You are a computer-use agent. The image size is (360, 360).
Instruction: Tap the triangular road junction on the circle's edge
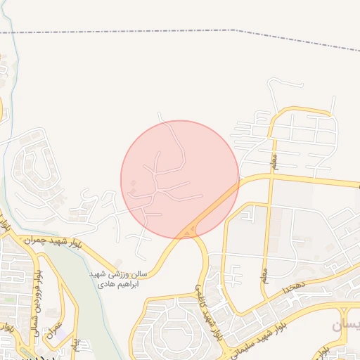188,231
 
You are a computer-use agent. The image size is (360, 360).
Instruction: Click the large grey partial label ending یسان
345,325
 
